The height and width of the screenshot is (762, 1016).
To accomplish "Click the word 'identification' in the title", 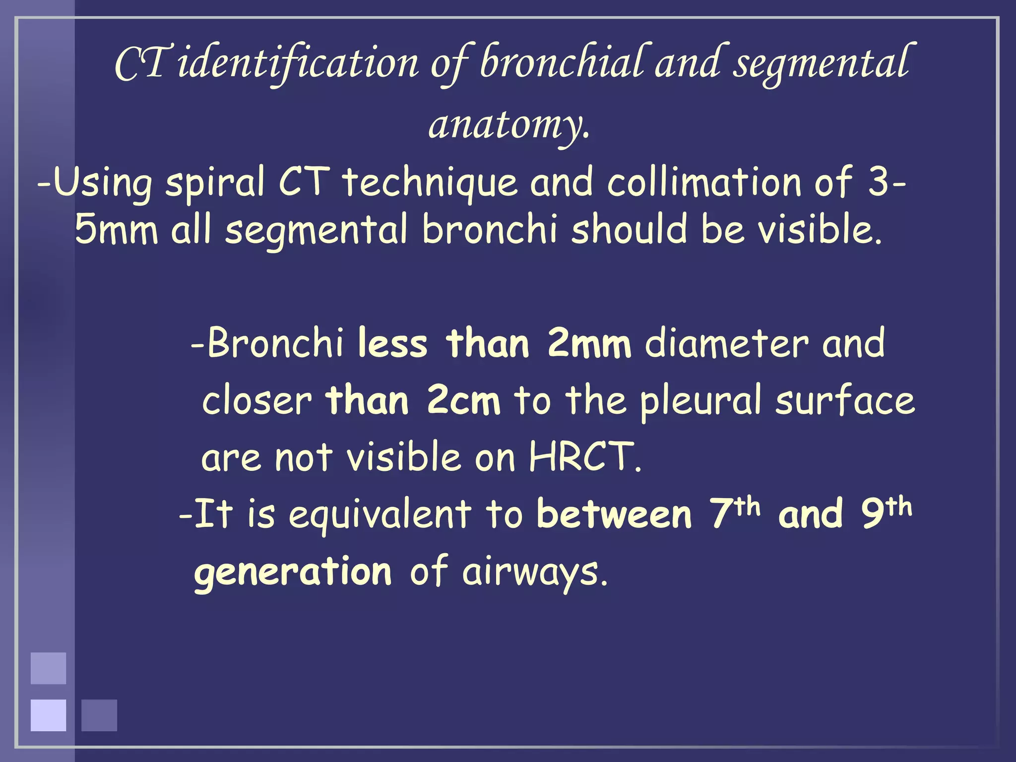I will pyautogui.click(x=298, y=63).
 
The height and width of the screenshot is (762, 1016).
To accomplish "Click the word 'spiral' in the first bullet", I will pyautogui.click(x=215, y=182).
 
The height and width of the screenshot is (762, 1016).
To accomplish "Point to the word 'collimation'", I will pyautogui.click(x=704, y=182).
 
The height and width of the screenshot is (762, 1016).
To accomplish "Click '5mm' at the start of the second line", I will pyautogui.click(x=116, y=229).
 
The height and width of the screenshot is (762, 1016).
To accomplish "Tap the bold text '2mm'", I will pyautogui.click(x=589, y=343).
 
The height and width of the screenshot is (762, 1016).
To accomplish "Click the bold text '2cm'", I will pyautogui.click(x=463, y=401).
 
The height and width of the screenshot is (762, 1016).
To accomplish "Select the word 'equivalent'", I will pyautogui.click(x=380, y=514).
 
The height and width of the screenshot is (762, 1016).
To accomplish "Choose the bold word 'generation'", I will pyautogui.click(x=293, y=572).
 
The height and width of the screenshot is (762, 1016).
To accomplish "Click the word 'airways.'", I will pyautogui.click(x=534, y=572).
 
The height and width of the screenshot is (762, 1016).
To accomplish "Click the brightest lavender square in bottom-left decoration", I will pyautogui.click(x=48, y=715).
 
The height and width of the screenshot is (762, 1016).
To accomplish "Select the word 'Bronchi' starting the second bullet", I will pyautogui.click(x=275, y=343).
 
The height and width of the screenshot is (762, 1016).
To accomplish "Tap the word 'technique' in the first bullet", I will pyautogui.click(x=430, y=182).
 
